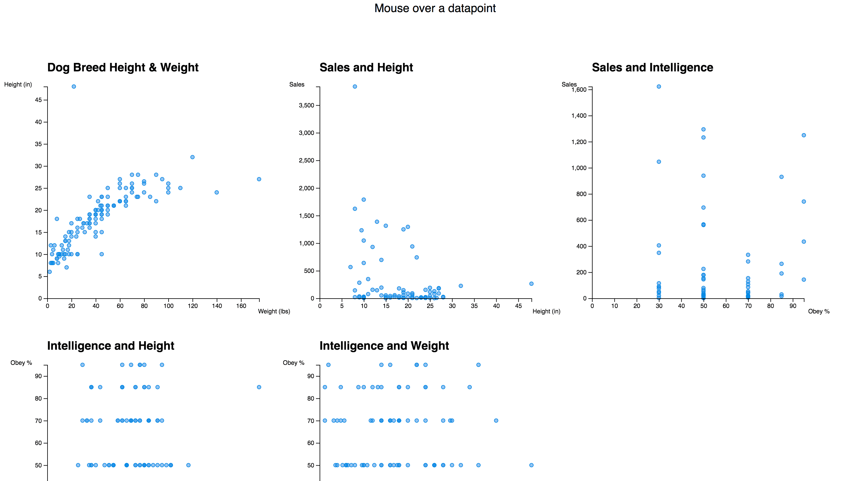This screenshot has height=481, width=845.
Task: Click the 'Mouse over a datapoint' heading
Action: tap(435, 8)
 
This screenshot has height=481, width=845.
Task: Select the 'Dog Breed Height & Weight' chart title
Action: tap(123, 67)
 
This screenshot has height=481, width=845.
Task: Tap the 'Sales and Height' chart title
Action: tap(366, 67)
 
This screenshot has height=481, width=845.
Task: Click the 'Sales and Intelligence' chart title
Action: tap(652, 67)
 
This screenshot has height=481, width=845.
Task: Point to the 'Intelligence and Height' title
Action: tap(110, 345)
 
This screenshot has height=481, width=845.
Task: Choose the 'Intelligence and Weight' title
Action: tap(384, 345)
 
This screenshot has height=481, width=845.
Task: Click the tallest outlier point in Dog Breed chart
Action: tap(74, 87)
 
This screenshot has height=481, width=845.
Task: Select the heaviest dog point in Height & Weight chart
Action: tap(259, 179)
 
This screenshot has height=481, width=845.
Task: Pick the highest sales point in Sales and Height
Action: tap(355, 87)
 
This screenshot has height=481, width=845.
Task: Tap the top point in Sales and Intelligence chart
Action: tap(659, 87)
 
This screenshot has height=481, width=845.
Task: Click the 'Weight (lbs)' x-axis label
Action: tap(274, 311)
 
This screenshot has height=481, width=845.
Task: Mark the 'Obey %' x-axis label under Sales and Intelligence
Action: tap(819, 311)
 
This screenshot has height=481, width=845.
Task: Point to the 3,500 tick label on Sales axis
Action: tap(306, 105)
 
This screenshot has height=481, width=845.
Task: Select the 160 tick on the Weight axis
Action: tap(241, 306)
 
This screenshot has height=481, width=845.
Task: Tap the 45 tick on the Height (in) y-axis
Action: tap(38, 100)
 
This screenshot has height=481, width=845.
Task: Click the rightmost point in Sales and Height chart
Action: tap(531, 283)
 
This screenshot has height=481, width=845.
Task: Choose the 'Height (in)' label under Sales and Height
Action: tap(546, 311)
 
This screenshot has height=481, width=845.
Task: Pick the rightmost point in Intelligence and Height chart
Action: tap(259, 387)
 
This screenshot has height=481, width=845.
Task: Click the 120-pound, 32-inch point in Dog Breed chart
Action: tap(192, 157)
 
